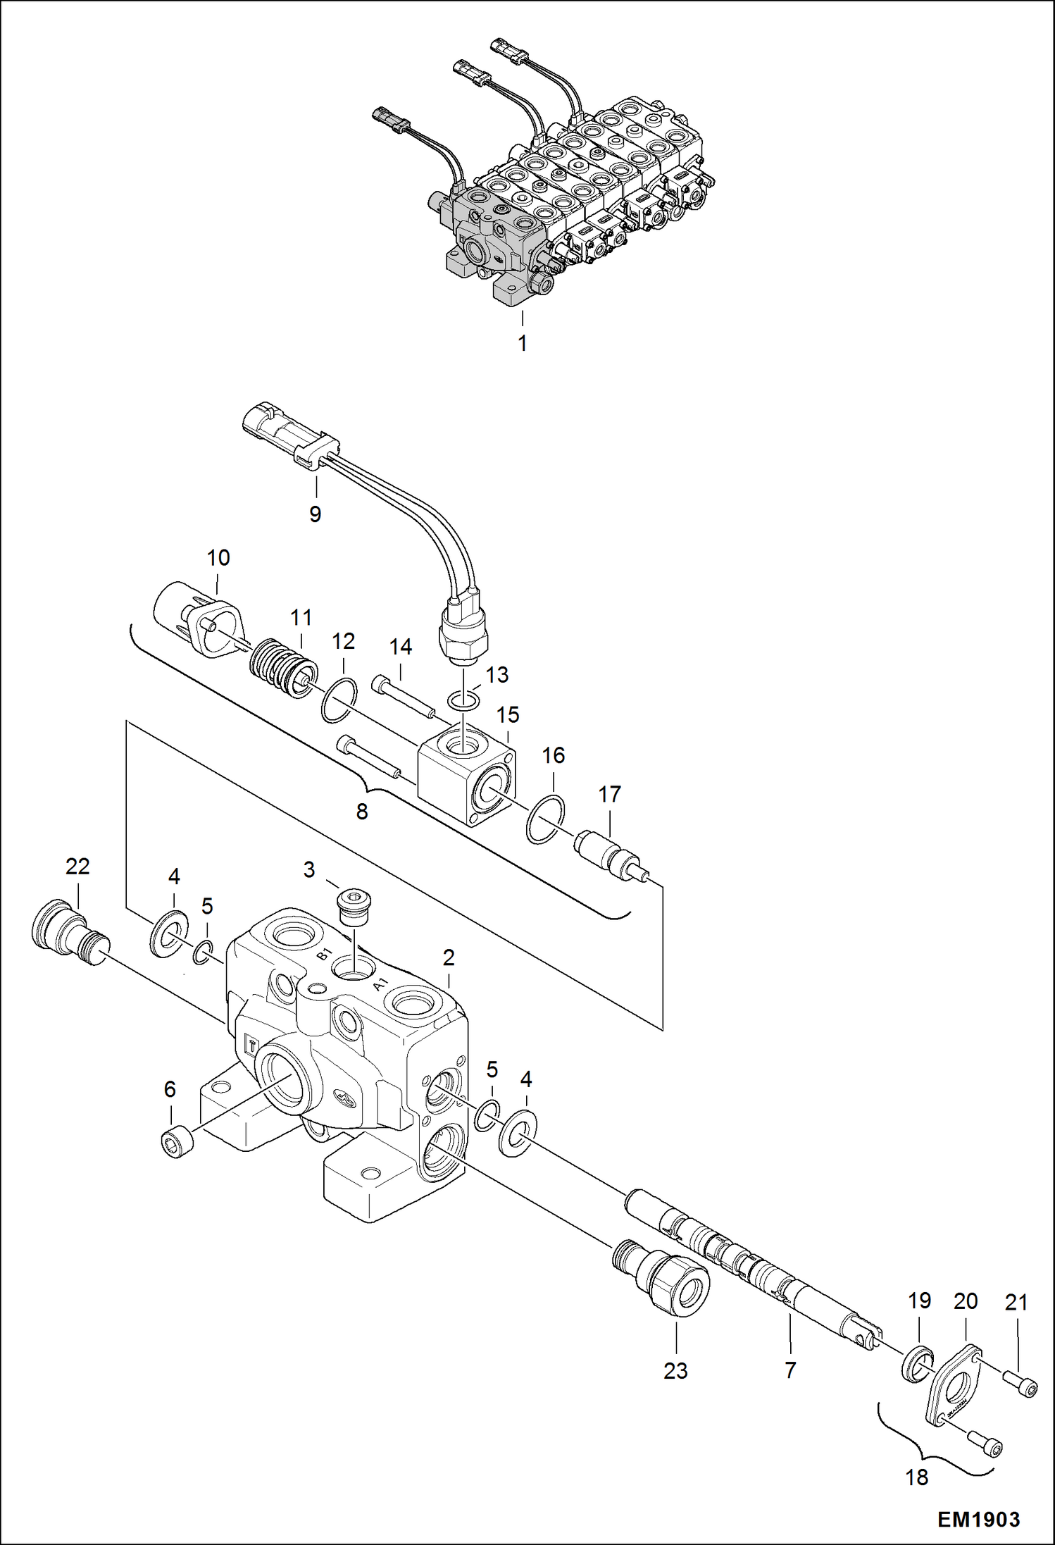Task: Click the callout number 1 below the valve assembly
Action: pyautogui.click(x=522, y=343)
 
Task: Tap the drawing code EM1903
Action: pyautogui.click(x=978, y=1519)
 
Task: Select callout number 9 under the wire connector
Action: pyautogui.click(x=315, y=514)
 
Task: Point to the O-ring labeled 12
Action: pyautogui.click(x=339, y=700)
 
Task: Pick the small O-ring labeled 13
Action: pyautogui.click(x=465, y=701)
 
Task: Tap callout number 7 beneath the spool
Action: pyautogui.click(x=790, y=1370)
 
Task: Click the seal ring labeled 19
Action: pyautogui.click(x=917, y=1365)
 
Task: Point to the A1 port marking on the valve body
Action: pyautogui.click(x=380, y=984)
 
